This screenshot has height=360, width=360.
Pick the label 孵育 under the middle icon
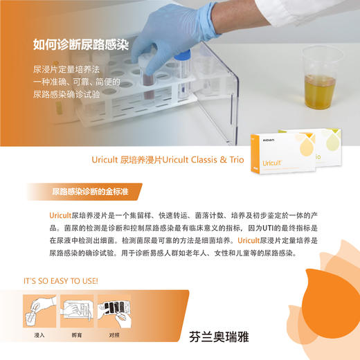(x=77, y=335)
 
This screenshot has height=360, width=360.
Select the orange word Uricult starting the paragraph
(x=60, y=216)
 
